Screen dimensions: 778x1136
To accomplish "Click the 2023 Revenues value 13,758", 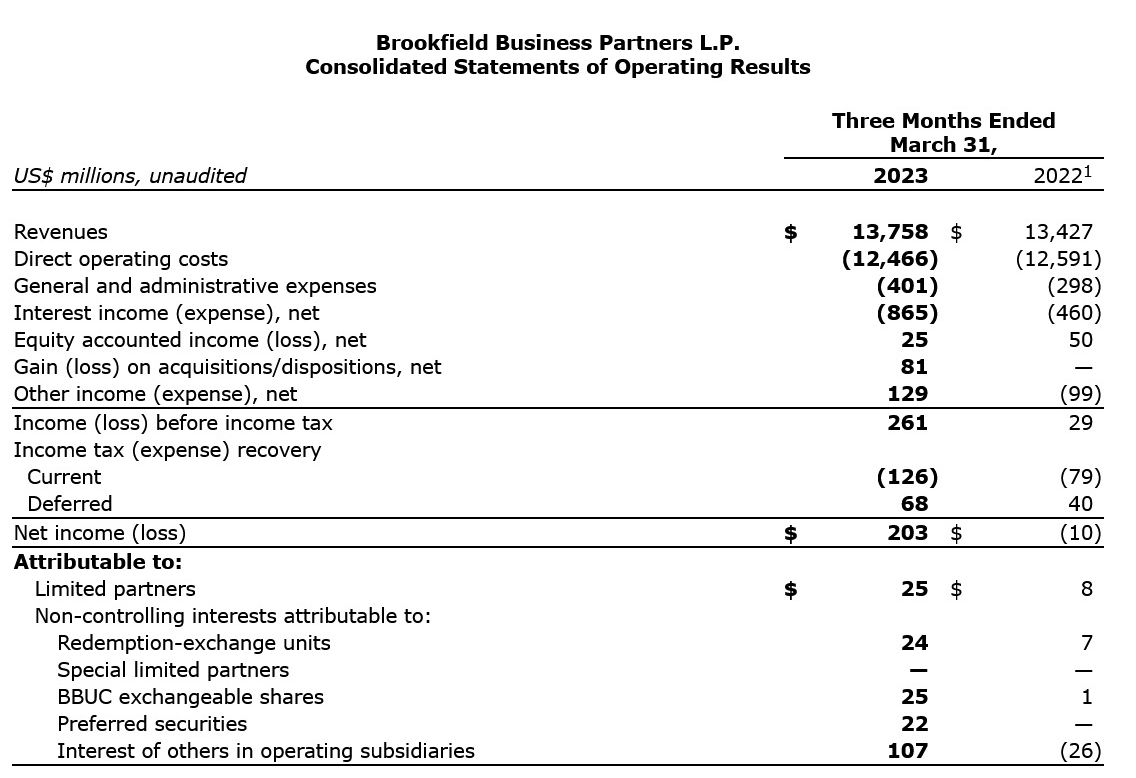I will coord(889,232).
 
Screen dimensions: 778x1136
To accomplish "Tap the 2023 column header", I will coord(899,176).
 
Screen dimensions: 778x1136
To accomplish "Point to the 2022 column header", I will coord(1064,176).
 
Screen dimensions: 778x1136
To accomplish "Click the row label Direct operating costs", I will coord(121,259).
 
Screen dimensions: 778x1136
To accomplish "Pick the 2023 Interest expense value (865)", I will coord(907,313).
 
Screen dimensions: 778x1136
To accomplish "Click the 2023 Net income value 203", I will coord(907,533).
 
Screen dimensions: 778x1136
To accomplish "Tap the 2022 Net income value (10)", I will coord(1080,533).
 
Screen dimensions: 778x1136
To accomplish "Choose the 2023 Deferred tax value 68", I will coord(914,504).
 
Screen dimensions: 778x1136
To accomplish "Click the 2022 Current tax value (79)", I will coord(1080,477).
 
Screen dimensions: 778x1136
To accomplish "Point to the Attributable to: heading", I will coord(98,562).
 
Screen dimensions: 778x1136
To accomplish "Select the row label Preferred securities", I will coord(152,724).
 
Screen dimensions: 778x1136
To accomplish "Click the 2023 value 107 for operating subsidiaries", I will coord(907,751).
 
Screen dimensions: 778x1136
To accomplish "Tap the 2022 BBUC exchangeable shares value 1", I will coord(1087,697).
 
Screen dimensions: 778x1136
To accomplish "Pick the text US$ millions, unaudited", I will coord(130,176).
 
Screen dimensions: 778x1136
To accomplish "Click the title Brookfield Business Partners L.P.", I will coord(557,43).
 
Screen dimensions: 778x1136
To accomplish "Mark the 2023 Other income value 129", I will coord(907,394).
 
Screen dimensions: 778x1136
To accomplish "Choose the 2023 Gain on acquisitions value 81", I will coord(914,367).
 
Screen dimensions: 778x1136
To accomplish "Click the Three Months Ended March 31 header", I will coord(943,132).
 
